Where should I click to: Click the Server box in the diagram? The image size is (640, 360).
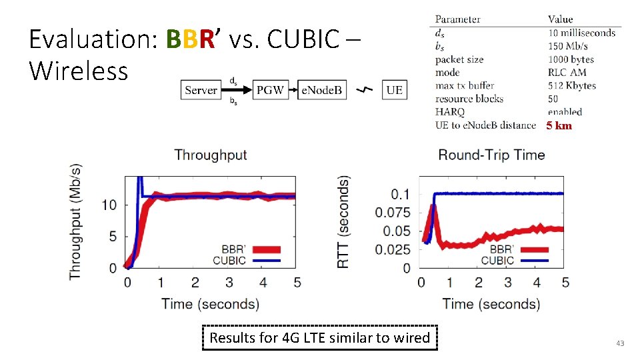[201, 90]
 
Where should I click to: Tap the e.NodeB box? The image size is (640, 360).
[321, 90]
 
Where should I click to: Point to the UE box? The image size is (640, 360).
[394, 90]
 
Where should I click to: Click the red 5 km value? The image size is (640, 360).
[559, 126]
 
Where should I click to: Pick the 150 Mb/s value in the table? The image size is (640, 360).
[568, 46]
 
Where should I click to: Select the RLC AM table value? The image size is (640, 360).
[567, 73]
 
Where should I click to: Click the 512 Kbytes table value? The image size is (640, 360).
[572, 86]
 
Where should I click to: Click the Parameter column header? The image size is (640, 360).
[457, 19]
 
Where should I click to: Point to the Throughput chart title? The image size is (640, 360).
[211, 155]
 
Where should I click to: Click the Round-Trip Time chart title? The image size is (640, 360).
[491, 155]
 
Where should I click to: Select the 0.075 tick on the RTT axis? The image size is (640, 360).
[393, 213]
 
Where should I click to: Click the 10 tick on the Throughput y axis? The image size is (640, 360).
[111, 205]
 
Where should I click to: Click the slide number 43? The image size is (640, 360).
[620, 343]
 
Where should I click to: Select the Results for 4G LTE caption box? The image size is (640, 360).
[319, 338]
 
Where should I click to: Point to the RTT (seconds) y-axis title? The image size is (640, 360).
[343, 222]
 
